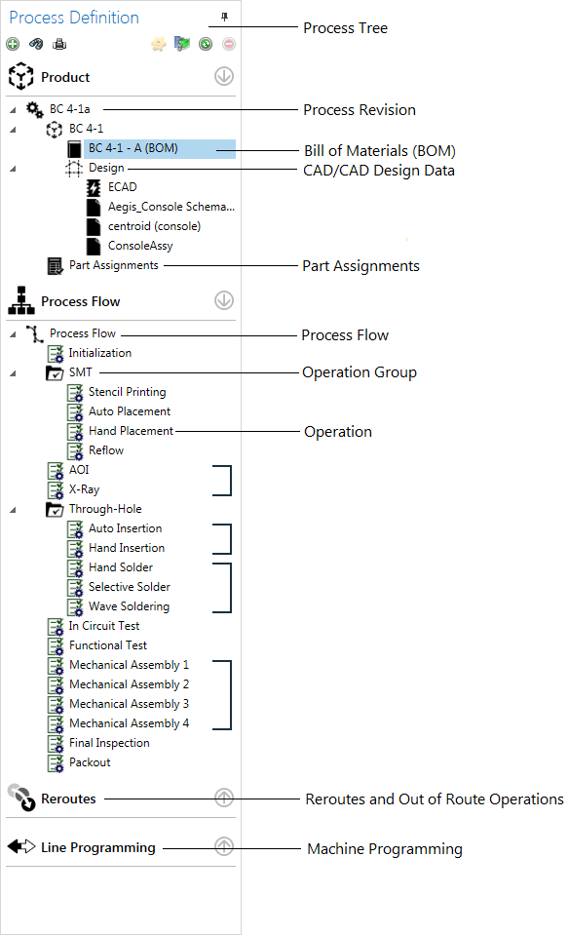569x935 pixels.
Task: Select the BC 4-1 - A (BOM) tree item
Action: pos(133,148)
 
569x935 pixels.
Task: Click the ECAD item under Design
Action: pos(123,187)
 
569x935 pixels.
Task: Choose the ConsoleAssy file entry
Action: pos(140,246)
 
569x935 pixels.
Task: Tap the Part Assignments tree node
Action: pos(113,265)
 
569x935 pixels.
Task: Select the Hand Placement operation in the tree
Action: pos(131,431)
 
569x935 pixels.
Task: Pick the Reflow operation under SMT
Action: pos(106,450)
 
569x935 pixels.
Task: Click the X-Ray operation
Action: pos(84,489)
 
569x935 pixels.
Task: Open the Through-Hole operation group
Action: pos(105,509)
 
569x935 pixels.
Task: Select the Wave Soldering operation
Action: pos(129,606)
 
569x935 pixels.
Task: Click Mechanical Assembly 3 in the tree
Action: pos(129,704)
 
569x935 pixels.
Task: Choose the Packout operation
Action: pos(90,762)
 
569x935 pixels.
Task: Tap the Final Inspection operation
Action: pos(109,743)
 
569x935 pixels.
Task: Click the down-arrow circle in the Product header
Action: pos(224,77)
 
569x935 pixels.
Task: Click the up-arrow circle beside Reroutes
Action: pos(224,799)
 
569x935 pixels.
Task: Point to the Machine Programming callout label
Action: pos(385,849)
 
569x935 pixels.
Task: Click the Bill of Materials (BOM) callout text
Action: pos(380,151)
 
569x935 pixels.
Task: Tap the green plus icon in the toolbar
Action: pos(12,44)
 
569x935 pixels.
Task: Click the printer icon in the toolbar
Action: pos(59,44)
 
